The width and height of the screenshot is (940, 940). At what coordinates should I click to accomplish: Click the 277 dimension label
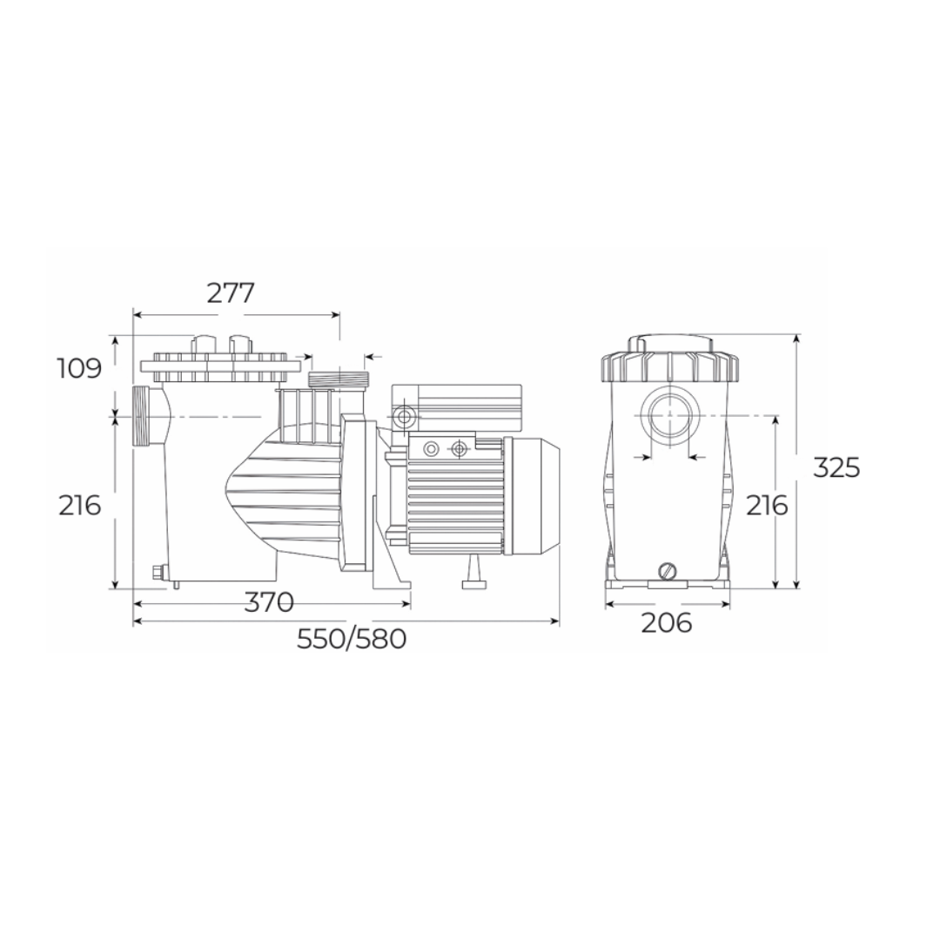click(231, 293)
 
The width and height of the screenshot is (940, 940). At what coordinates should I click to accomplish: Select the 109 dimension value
click(80, 369)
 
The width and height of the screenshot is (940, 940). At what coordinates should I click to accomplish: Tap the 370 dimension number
click(269, 602)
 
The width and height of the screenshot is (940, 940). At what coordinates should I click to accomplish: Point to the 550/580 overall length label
click(352, 639)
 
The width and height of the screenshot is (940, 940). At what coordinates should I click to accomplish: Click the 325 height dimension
click(836, 467)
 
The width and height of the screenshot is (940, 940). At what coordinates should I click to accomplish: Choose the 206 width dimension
click(667, 623)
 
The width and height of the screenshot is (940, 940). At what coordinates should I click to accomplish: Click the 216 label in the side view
click(80, 506)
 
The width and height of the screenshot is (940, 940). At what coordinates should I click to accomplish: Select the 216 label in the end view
click(767, 506)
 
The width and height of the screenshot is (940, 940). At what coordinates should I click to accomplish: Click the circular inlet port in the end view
click(668, 415)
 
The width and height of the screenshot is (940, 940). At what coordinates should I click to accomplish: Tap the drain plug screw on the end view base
click(668, 571)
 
